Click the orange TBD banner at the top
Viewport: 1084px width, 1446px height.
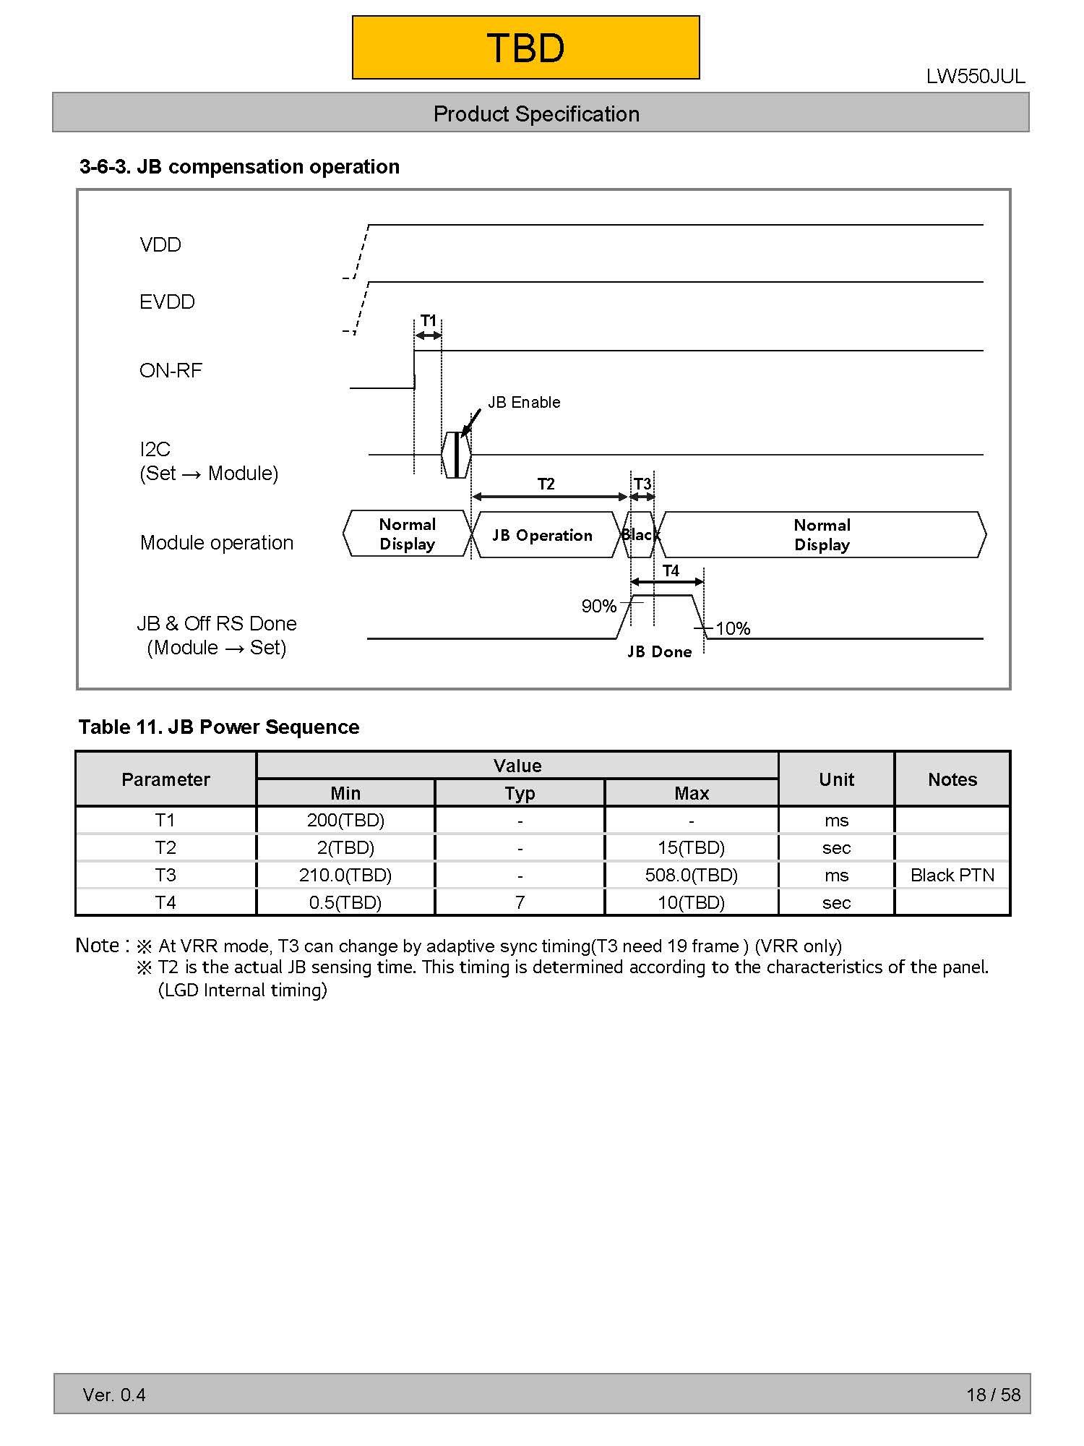point(525,48)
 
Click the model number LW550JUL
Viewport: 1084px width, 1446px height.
point(975,77)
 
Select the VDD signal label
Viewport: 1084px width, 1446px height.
point(160,245)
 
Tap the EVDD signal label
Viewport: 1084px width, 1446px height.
point(167,302)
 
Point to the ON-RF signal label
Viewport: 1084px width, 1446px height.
point(171,371)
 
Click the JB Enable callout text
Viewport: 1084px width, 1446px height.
point(524,403)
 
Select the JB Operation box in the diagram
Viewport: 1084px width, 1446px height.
point(543,536)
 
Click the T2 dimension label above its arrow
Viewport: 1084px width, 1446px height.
point(546,484)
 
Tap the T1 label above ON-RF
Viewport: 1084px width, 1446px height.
point(429,320)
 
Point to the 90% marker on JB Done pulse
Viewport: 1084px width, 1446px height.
point(599,607)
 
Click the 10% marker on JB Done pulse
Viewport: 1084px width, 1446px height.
point(733,629)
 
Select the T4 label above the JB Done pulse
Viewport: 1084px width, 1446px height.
point(671,570)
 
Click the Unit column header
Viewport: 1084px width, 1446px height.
point(836,779)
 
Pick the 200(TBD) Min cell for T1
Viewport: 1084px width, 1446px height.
point(345,821)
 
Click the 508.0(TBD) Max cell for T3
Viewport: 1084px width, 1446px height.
point(691,876)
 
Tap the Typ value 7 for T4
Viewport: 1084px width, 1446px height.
point(520,903)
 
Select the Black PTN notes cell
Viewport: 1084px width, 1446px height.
point(952,876)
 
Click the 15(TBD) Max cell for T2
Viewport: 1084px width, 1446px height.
point(691,848)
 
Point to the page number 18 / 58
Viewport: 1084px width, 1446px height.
point(993,1395)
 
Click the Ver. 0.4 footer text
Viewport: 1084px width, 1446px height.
point(114,1395)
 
